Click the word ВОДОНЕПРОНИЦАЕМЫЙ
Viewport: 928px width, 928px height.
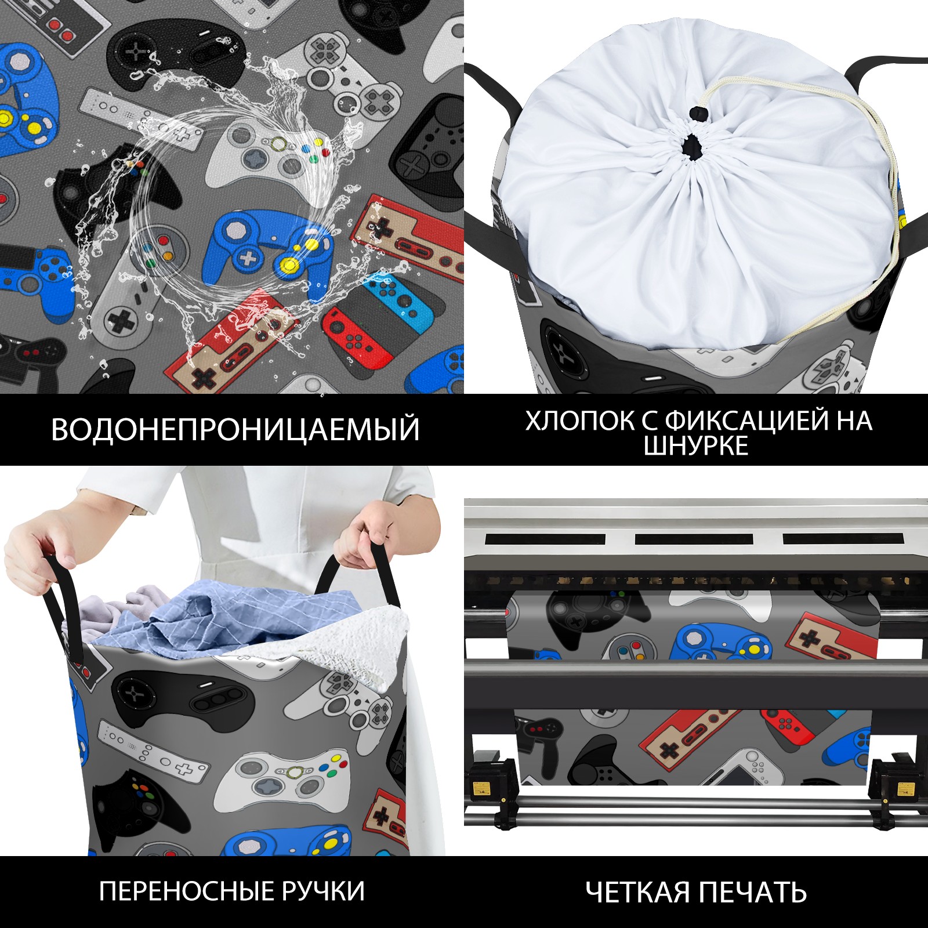click(x=235, y=429)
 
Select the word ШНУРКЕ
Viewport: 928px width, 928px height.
click(x=696, y=445)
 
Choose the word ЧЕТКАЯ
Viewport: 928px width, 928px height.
click(x=637, y=892)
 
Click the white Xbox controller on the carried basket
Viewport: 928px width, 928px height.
click(x=282, y=780)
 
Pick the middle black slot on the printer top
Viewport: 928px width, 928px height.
click(x=694, y=539)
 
